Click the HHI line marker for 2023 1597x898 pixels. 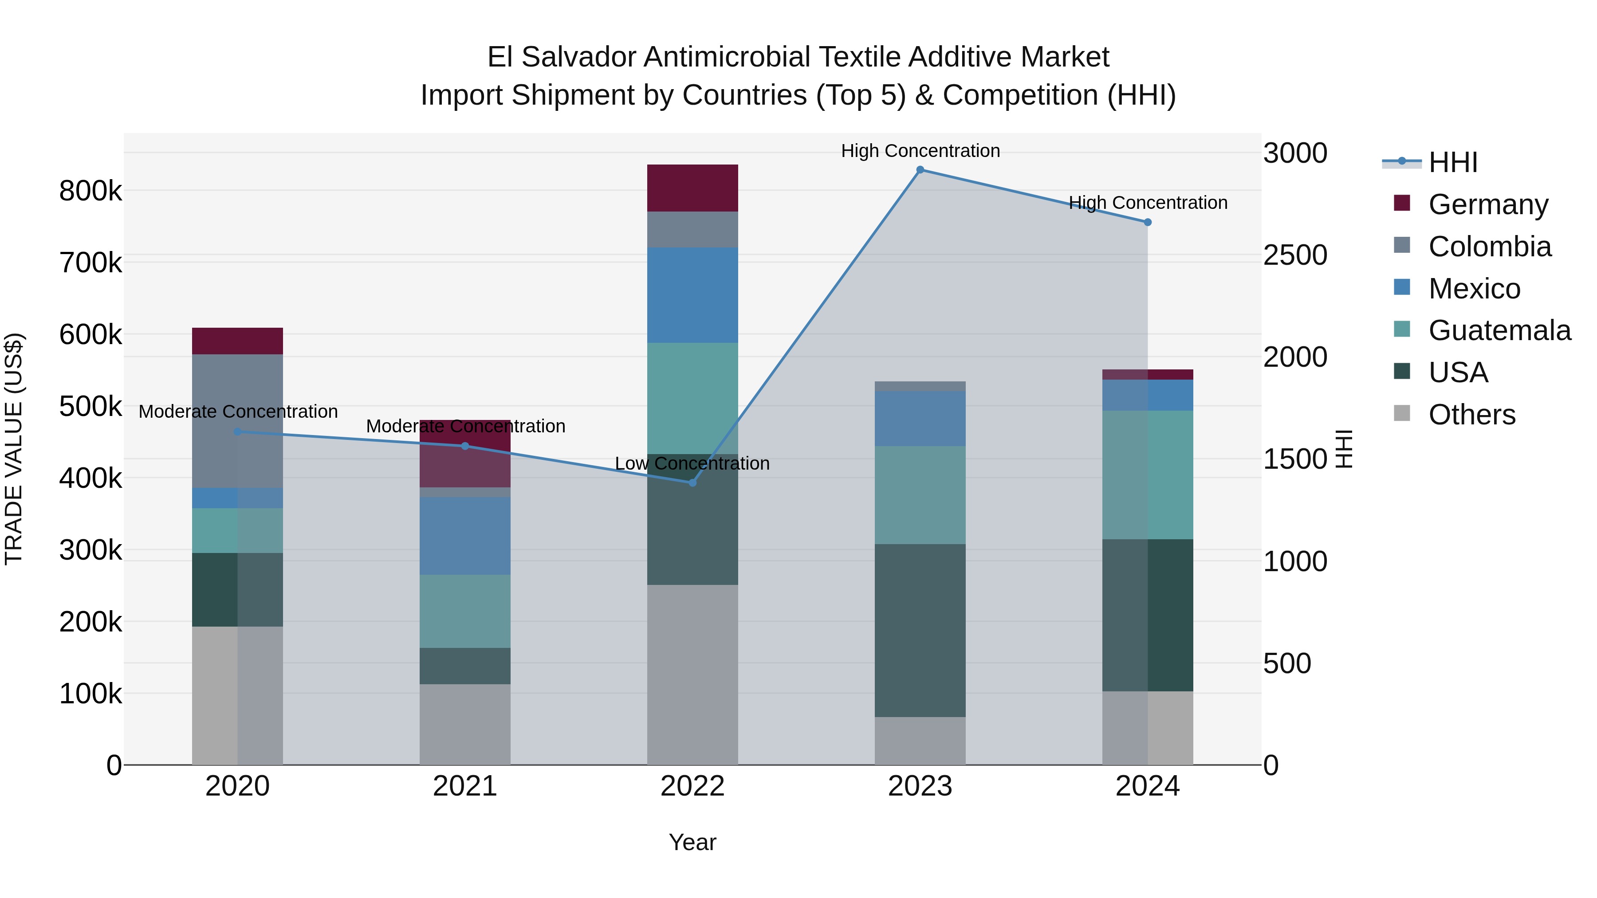pos(920,170)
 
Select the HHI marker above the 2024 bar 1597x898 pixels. pos(1148,222)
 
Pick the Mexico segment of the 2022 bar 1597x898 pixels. pos(692,295)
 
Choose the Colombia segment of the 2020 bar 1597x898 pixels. pos(237,421)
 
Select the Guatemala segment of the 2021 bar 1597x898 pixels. pos(465,611)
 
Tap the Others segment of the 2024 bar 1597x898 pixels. pos(1148,728)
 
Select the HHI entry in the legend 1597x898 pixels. pos(1452,162)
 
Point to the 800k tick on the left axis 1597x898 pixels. pos(90,191)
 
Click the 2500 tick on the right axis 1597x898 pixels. pos(1295,255)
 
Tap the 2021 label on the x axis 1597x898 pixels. pos(465,786)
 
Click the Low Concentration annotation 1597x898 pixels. pos(692,463)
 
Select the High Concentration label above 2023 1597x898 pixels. pos(920,151)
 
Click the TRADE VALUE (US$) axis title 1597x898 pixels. pos(14,449)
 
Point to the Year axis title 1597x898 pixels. pos(692,842)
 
